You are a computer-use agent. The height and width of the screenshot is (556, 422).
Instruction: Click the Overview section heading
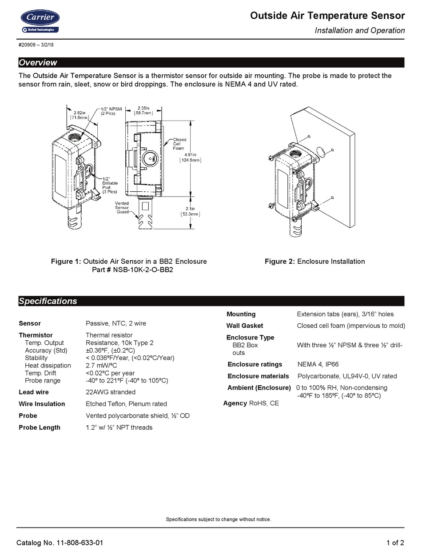(x=38, y=63)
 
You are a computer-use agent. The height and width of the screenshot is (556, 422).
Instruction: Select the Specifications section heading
(x=48, y=301)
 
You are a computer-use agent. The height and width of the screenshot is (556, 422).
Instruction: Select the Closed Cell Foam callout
(x=179, y=144)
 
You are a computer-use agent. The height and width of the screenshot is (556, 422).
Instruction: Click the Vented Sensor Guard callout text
(x=122, y=208)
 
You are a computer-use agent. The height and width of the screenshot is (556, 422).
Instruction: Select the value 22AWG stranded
(x=111, y=392)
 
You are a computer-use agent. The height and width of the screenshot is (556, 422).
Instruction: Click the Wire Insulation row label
(x=42, y=404)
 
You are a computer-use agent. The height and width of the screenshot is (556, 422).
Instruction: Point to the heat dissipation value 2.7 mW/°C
(x=101, y=365)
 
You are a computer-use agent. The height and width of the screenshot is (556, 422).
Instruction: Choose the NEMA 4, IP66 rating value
(x=318, y=364)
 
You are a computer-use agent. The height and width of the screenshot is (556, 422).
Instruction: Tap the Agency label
(x=235, y=403)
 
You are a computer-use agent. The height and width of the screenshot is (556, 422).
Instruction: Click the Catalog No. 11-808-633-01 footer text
(x=60, y=543)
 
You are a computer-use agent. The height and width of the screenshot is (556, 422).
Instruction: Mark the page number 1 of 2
(x=395, y=543)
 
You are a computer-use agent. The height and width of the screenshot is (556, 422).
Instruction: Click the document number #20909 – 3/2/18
(x=36, y=45)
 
